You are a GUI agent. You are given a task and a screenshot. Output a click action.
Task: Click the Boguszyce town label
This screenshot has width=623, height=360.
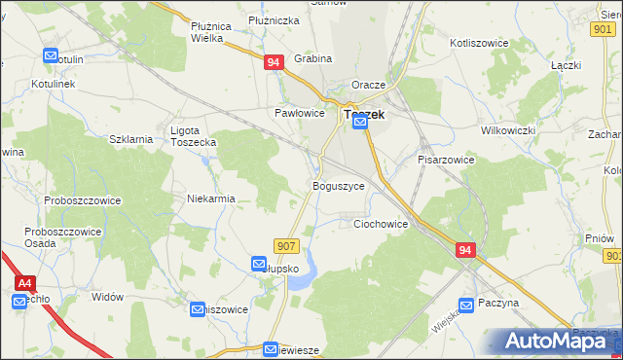click(339, 185)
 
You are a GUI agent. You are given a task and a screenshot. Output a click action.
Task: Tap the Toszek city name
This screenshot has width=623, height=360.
click(364, 114)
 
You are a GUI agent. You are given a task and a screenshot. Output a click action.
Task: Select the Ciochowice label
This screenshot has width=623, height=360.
click(380, 224)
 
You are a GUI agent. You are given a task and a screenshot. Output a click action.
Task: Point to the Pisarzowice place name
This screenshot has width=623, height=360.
click(445, 159)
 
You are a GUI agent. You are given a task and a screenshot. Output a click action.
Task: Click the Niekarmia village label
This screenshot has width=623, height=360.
click(211, 198)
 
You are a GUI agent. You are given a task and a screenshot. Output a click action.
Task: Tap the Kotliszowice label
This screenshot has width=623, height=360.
click(481, 43)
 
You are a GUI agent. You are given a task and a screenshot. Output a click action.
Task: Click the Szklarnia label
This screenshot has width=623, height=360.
click(131, 139)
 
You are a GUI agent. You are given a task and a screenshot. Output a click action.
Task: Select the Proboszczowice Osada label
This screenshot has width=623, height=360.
click(55, 237)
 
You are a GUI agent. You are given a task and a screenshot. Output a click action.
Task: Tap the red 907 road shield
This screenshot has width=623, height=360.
click(285, 246)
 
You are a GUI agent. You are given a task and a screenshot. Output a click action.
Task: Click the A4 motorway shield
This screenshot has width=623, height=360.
click(25, 282)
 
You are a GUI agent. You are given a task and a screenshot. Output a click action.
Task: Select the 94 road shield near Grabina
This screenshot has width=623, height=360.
click(274, 62)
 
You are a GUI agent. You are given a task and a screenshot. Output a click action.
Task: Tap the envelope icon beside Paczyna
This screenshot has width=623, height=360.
click(466, 304)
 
